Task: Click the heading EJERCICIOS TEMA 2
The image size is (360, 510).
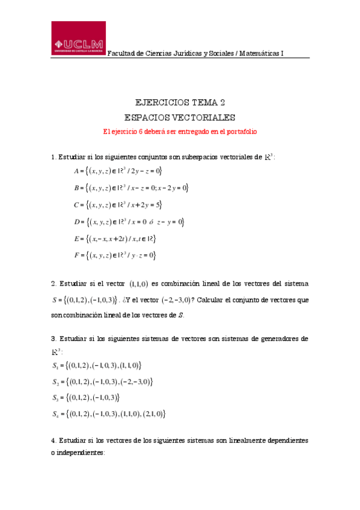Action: (180, 103)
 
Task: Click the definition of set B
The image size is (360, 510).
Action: (132, 188)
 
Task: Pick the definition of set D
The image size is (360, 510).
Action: (129, 222)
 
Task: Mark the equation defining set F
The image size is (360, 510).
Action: (115, 256)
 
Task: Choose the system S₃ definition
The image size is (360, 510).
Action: (86, 397)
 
